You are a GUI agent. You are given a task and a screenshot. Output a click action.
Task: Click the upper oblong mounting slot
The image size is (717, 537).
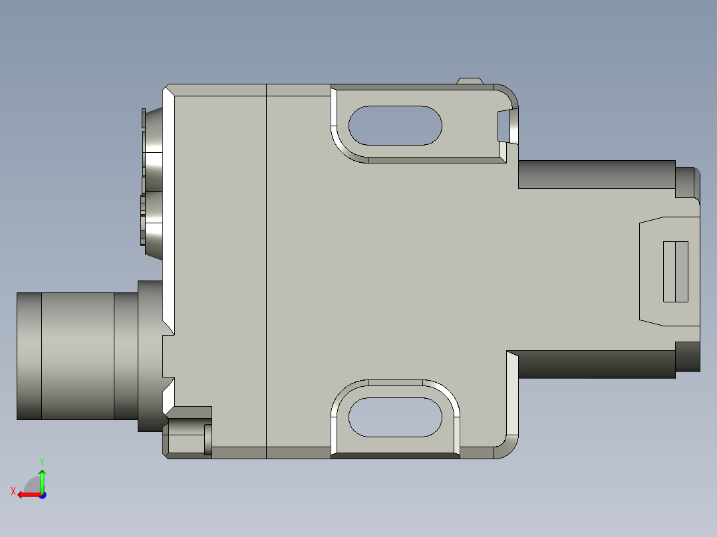(395, 126)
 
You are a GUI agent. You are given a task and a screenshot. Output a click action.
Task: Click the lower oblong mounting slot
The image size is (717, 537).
(395, 417)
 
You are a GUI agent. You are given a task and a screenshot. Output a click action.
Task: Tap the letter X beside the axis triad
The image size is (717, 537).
(13, 491)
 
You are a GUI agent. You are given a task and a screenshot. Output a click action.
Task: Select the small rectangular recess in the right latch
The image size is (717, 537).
(676, 271)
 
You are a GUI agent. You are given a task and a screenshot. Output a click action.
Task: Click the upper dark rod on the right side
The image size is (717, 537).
(596, 174)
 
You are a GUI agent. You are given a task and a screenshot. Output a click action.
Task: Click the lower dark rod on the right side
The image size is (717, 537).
(596, 364)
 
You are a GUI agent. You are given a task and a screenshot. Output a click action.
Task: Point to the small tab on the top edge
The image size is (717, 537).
(470, 81)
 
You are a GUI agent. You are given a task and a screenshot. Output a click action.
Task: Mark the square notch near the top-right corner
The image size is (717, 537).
(507, 126)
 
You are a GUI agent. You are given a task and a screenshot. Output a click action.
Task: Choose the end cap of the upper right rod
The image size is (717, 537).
(687, 182)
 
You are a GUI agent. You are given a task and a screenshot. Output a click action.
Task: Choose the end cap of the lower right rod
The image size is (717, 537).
(687, 357)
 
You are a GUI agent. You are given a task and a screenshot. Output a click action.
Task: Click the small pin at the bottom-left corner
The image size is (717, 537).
(208, 439)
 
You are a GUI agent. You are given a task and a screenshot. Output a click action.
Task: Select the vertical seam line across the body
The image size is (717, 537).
(266, 266)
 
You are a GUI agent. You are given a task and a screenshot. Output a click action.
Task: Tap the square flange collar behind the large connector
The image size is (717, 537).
(150, 356)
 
